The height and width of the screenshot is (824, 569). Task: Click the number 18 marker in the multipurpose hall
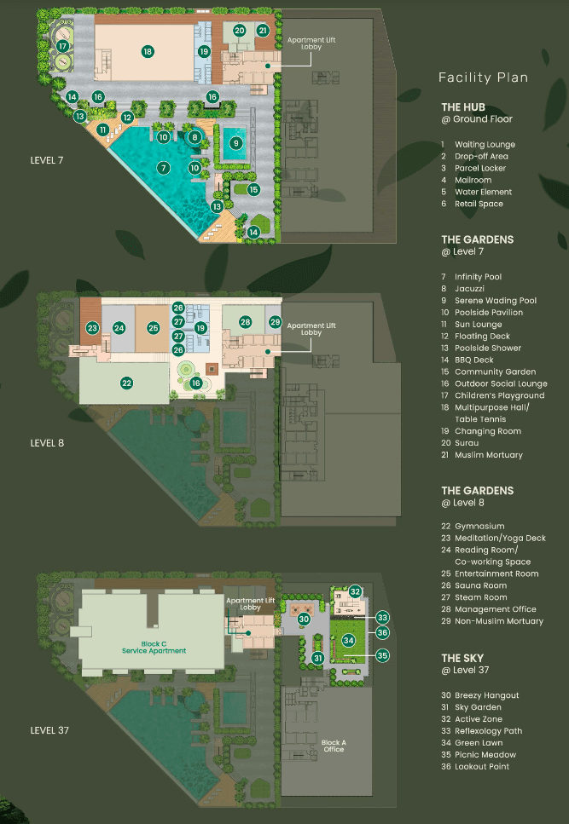coord(148,51)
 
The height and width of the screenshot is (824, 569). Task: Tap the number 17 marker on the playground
coord(63,46)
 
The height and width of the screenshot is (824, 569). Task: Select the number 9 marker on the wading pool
coord(236,142)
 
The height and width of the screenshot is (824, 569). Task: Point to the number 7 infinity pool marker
coord(164,168)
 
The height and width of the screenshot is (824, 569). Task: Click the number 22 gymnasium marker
coord(127,383)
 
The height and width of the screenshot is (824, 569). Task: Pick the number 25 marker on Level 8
coord(153,328)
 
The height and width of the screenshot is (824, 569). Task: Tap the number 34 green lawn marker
coord(349,640)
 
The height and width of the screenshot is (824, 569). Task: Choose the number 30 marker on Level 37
coord(304,619)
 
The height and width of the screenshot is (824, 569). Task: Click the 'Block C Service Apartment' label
coord(154,648)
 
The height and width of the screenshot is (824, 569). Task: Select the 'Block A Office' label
coord(334,746)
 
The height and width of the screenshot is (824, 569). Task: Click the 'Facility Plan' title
coord(484,78)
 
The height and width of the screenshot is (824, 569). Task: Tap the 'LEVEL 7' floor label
coord(47,160)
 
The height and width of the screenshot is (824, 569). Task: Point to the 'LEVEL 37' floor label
coord(49,730)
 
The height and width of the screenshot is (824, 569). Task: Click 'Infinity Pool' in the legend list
coord(478,277)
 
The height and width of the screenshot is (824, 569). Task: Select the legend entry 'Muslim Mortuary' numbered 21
coord(489,455)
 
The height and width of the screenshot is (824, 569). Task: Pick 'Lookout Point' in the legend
coord(482,767)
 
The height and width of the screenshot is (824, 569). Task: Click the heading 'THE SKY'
coord(462,659)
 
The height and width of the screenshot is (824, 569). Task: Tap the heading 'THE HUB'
coord(463,107)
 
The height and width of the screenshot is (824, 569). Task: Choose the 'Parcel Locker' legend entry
coord(480,168)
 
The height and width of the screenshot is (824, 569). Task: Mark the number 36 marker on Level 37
coord(382,633)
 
